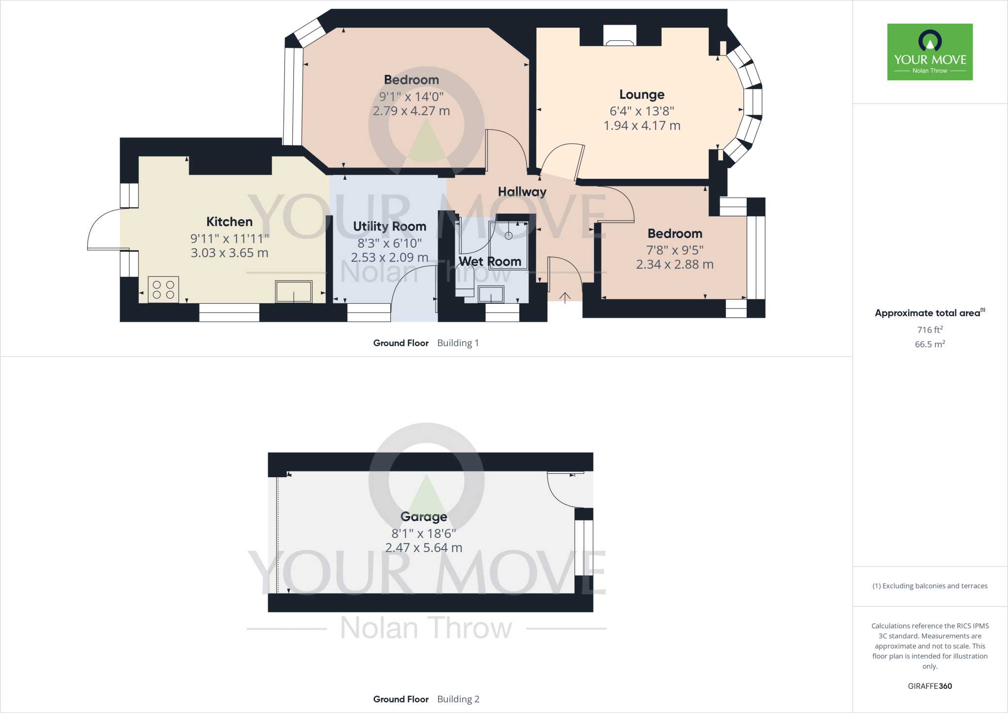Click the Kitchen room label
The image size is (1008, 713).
(x=229, y=222)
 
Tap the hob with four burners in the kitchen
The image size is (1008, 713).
(x=163, y=290)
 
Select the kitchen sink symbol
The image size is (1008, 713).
(x=294, y=292)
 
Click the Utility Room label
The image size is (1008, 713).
(x=389, y=227)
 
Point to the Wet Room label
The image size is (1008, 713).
(x=490, y=261)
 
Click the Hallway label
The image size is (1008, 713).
(x=522, y=192)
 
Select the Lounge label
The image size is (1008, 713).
(x=642, y=95)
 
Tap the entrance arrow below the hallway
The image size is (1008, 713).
(x=565, y=297)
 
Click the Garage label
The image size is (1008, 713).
(x=424, y=517)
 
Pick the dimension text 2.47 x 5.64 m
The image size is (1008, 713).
(x=424, y=548)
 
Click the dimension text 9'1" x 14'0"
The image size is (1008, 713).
(x=411, y=97)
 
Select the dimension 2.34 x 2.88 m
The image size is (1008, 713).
(x=675, y=264)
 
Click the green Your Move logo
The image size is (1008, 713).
(x=930, y=52)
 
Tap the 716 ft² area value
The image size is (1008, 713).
(x=930, y=329)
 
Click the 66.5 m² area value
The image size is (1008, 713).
(x=930, y=344)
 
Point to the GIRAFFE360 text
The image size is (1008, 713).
(x=930, y=686)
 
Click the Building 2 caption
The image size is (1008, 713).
(x=458, y=699)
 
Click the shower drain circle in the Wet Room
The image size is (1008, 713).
(x=508, y=236)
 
